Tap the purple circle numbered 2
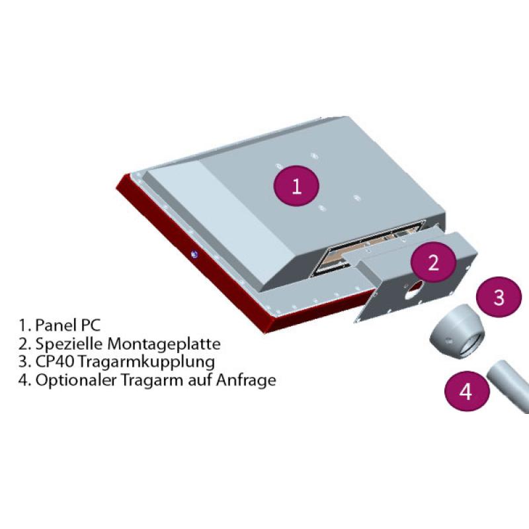pos(433,263)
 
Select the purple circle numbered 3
pos(499,298)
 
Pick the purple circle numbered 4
pos(466,392)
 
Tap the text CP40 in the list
pos(52,362)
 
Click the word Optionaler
pos(71,381)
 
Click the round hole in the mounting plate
pos(418,286)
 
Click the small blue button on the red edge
pos(194,254)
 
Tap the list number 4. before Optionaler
pos(24,381)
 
